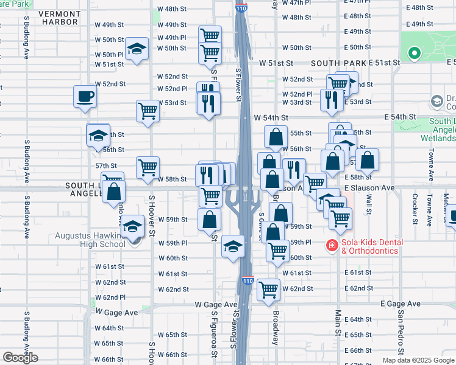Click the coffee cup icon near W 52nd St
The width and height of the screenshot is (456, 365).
pos(85,96)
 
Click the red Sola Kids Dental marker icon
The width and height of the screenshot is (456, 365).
pos(332,246)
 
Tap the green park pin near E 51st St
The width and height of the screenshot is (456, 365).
pos(415,54)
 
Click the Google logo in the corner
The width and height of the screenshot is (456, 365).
pos(20,358)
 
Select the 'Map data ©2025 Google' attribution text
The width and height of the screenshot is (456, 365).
pos(418,360)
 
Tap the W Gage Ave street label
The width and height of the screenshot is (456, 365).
pos(216,304)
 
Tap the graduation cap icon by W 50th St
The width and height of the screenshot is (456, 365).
pos(137,49)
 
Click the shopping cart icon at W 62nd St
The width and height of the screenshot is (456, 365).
pos(268,290)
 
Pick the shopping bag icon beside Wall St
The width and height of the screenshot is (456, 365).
pos(368,161)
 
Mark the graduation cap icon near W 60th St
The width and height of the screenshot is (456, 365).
pos(232,246)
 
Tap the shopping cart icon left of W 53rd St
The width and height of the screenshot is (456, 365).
pos(148,111)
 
